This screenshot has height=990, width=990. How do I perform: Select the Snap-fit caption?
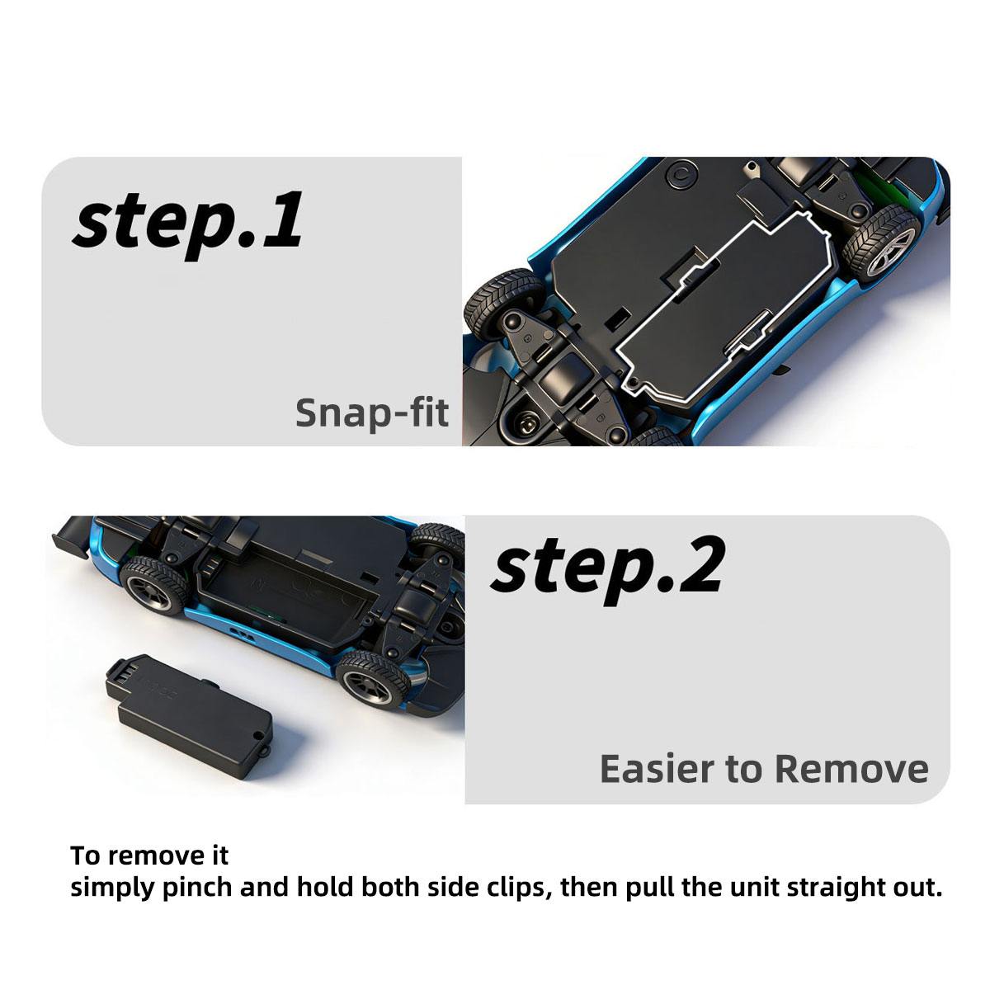[372, 413]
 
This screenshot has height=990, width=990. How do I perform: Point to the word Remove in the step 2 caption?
[851, 769]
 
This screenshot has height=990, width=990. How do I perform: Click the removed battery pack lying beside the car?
[190, 715]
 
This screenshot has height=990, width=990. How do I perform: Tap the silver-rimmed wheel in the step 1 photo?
[881, 243]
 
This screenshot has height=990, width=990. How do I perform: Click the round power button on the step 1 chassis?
[681, 175]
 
